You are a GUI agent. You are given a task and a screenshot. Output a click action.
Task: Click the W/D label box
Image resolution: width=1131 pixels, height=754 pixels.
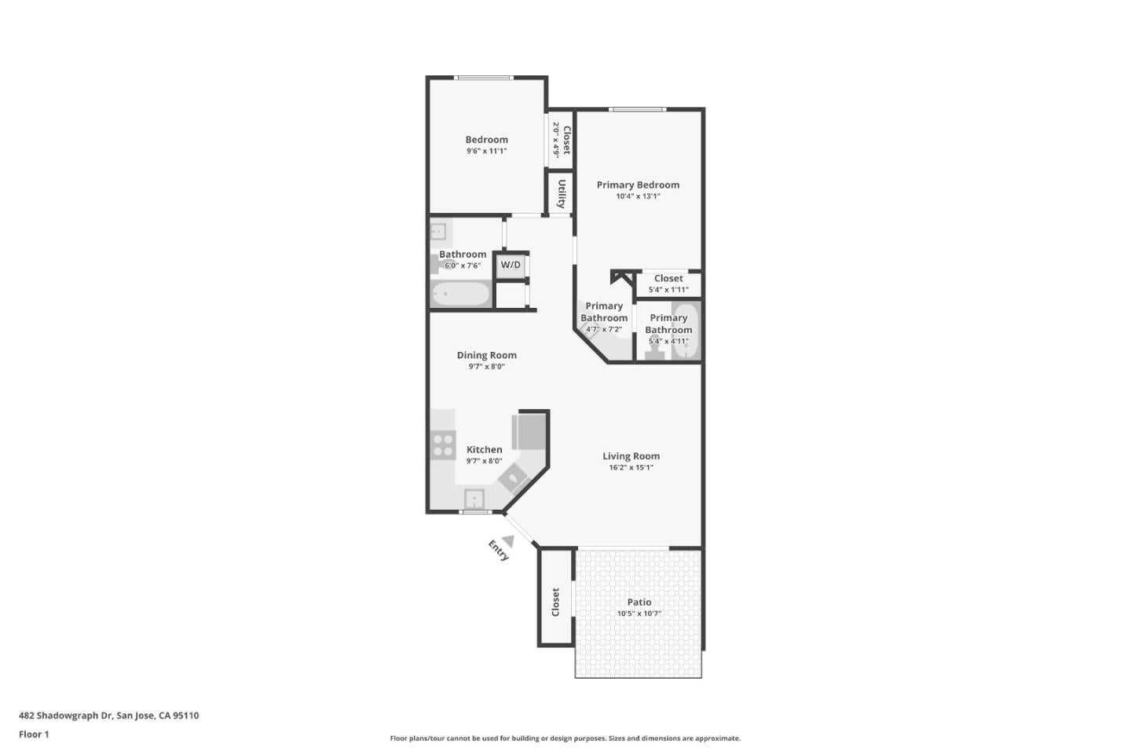(511, 265)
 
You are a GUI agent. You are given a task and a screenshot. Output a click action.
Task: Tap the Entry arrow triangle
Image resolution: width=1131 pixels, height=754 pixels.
(508, 541)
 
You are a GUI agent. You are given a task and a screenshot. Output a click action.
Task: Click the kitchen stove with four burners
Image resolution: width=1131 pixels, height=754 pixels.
(443, 445)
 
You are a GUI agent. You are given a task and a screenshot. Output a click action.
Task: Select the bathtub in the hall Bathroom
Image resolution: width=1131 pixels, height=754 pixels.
(461, 294)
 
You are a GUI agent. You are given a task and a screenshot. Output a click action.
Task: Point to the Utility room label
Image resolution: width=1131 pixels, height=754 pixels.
(561, 193)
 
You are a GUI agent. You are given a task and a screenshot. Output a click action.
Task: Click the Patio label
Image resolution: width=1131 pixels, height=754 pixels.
(639, 602)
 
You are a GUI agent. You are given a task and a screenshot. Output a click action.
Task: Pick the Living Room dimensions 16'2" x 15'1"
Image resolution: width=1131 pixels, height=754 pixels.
(631, 467)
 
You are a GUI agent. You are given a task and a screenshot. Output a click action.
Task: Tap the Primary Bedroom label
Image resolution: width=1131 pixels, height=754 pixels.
(638, 185)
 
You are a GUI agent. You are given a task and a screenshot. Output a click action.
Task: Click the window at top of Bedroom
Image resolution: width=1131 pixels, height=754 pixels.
(484, 78)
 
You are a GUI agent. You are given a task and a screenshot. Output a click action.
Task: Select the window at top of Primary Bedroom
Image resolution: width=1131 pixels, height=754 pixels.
(637, 110)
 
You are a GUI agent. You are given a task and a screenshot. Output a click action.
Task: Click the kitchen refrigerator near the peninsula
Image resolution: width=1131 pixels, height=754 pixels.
(529, 431)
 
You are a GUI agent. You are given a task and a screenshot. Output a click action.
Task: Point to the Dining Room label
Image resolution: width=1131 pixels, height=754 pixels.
(487, 355)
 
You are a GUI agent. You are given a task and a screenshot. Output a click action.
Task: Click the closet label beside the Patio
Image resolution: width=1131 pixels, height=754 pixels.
(555, 602)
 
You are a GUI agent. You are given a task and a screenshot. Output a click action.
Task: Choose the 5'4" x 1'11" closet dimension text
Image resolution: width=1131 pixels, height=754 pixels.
(668, 289)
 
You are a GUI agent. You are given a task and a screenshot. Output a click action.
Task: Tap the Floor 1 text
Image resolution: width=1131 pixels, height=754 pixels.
(34, 734)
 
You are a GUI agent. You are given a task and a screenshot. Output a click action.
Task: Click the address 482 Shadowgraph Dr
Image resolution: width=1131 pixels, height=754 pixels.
(66, 716)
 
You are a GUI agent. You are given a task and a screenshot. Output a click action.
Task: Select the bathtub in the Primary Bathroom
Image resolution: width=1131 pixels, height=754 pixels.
(686, 331)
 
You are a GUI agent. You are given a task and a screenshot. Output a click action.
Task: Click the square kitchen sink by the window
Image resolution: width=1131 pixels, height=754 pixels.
(474, 500)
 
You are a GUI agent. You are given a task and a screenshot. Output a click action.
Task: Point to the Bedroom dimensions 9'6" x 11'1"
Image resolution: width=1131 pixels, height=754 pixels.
(487, 151)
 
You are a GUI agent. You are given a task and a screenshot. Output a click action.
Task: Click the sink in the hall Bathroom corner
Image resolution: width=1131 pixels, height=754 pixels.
(438, 232)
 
